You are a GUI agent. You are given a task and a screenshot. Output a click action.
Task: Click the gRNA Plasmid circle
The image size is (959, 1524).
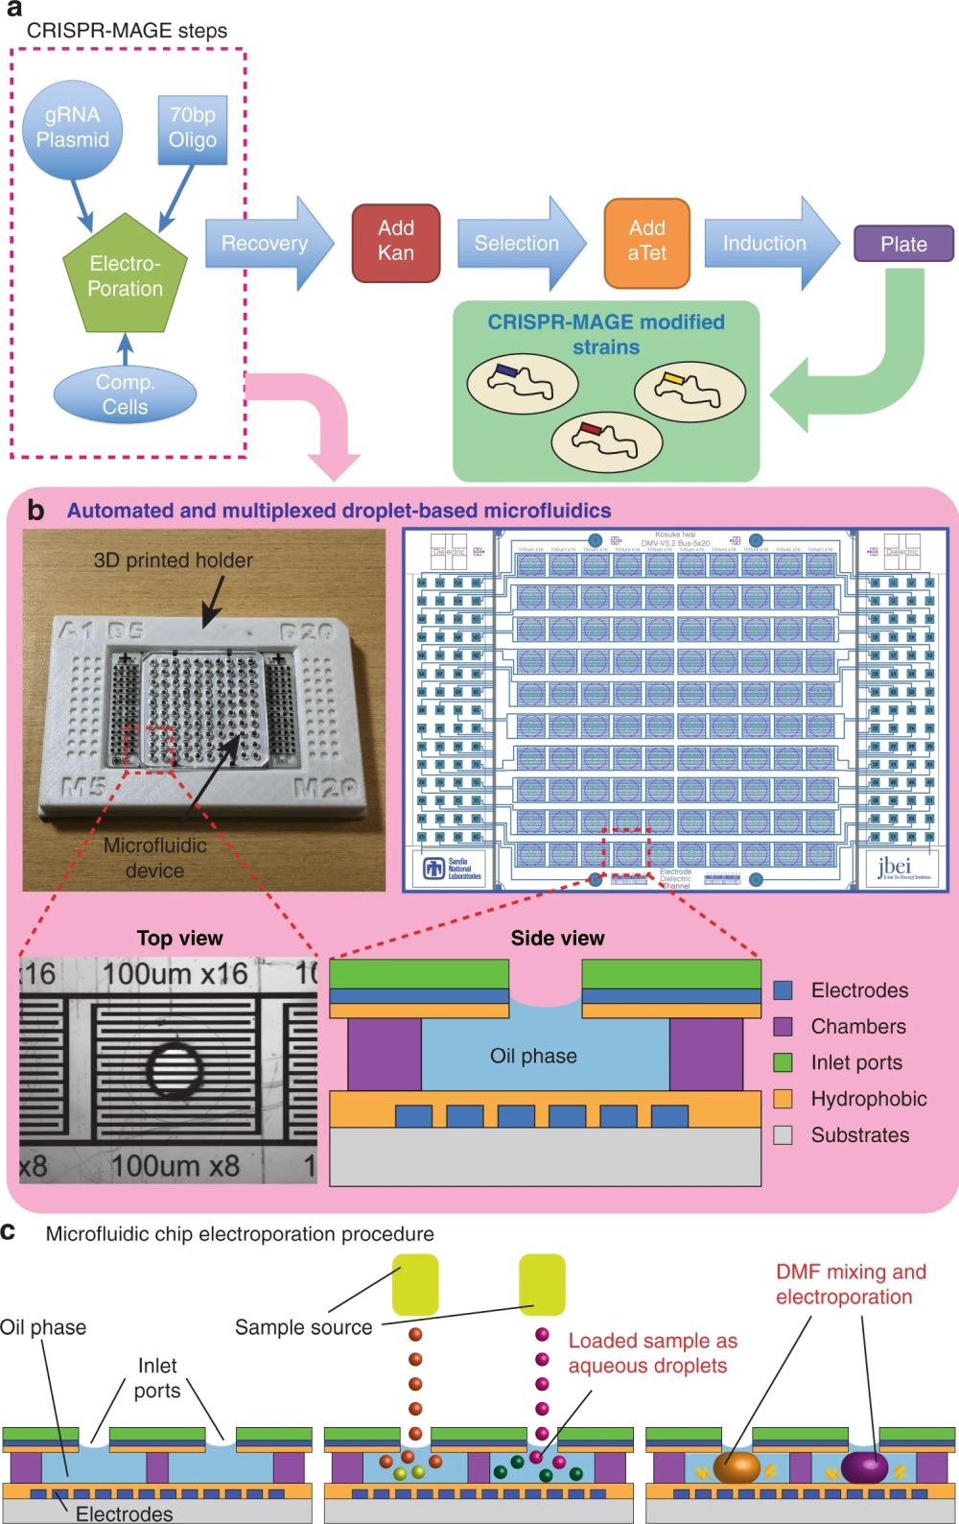(x=73, y=129)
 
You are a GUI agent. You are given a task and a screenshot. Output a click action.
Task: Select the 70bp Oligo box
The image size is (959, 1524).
(x=192, y=129)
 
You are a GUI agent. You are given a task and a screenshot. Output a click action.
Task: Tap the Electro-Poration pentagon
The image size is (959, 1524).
(x=125, y=276)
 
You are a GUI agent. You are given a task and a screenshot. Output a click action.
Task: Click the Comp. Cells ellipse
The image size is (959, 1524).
(x=125, y=394)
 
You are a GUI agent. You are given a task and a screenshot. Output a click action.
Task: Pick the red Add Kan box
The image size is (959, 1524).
(x=395, y=242)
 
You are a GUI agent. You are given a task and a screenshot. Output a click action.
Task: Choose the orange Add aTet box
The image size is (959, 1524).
(x=646, y=242)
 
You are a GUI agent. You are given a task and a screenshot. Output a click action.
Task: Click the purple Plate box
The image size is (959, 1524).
(x=902, y=244)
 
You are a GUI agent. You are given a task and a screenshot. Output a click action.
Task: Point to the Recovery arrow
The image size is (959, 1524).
(x=267, y=244)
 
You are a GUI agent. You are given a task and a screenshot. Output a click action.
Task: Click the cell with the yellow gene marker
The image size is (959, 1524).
(x=689, y=389)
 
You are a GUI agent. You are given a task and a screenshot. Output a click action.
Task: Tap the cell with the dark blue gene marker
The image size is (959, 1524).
(x=522, y=381)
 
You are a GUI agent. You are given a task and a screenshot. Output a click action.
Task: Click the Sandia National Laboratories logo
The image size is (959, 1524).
(x=454, y=869)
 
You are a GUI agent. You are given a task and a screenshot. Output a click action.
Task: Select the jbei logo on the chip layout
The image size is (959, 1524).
(x=902, y=869)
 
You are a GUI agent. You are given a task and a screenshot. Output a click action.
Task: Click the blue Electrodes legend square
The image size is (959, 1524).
(x=783, y=990)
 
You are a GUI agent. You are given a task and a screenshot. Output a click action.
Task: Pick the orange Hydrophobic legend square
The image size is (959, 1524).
(x=783, y=1099)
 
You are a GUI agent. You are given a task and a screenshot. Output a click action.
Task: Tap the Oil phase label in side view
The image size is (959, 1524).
(x=533, y=1056)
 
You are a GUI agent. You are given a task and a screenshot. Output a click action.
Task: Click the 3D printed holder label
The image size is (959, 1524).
(x=174, y=560)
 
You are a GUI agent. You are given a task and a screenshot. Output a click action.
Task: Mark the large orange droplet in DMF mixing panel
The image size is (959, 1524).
(x=736, y=1467)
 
